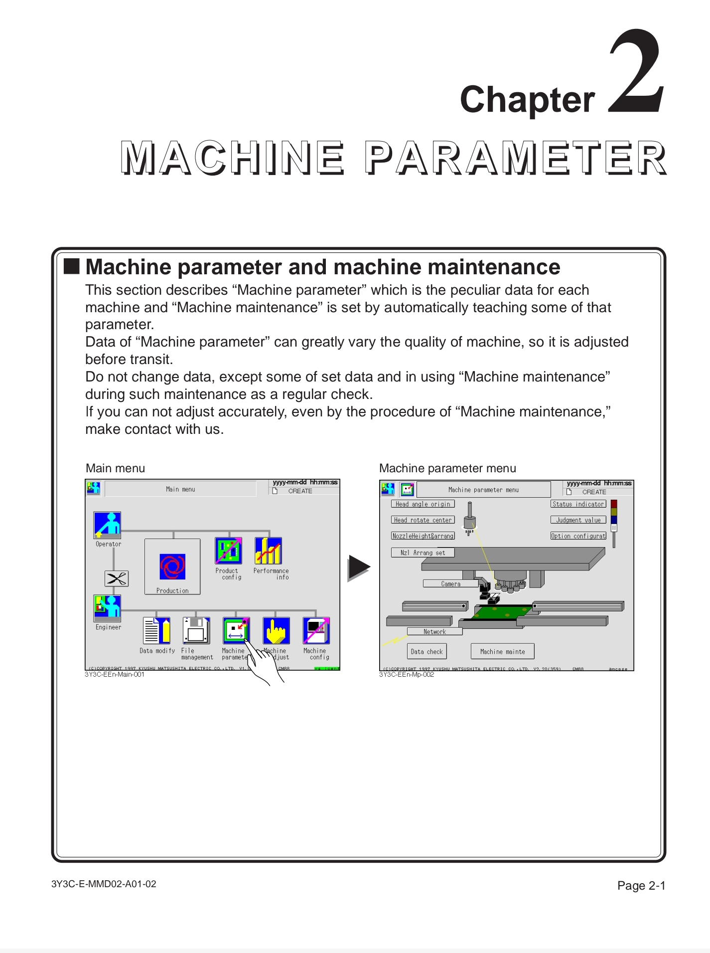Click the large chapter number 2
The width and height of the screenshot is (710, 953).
pos(637,72)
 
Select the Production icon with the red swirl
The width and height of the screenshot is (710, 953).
pos(172,567)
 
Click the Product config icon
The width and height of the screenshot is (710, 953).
pos(228,551)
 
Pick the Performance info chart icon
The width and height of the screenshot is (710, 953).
pos(268,551)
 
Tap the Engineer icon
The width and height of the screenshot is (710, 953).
pos(107,607)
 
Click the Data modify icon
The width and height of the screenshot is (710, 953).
pos(156,630)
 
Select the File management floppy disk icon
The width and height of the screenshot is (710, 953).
pos(196,630)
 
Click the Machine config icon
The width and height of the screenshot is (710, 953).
pos(316,630)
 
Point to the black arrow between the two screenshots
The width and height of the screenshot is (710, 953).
pos(358,568)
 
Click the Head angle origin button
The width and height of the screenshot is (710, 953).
pos(423,504)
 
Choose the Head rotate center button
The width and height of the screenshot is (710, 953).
pos(423,520)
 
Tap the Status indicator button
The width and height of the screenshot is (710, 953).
pos(578,504)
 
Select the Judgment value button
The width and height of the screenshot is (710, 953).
pos(578,520)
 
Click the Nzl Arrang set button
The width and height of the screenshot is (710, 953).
pos(423,553)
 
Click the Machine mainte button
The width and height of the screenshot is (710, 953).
pos(502,651)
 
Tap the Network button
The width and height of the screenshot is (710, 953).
pos(434,631)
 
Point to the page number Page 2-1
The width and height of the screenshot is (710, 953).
pos(641,886)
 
